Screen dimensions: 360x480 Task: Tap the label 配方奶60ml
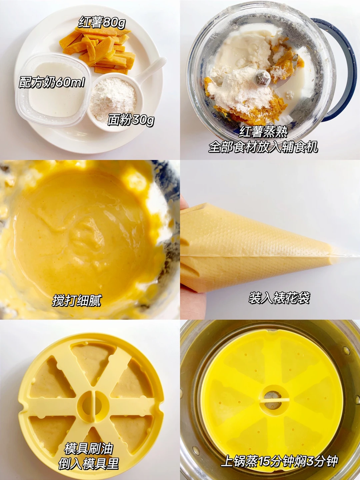point(52,82)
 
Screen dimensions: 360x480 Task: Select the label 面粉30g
point(131,120)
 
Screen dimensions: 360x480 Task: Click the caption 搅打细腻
point(77,301)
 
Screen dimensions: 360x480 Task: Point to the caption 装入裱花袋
point(279,298)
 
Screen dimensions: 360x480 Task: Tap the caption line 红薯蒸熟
point(263,132)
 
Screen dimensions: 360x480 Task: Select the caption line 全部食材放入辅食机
point(263,147)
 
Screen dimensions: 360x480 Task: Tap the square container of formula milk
point(53,90)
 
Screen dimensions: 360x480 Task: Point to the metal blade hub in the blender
point(262,78)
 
